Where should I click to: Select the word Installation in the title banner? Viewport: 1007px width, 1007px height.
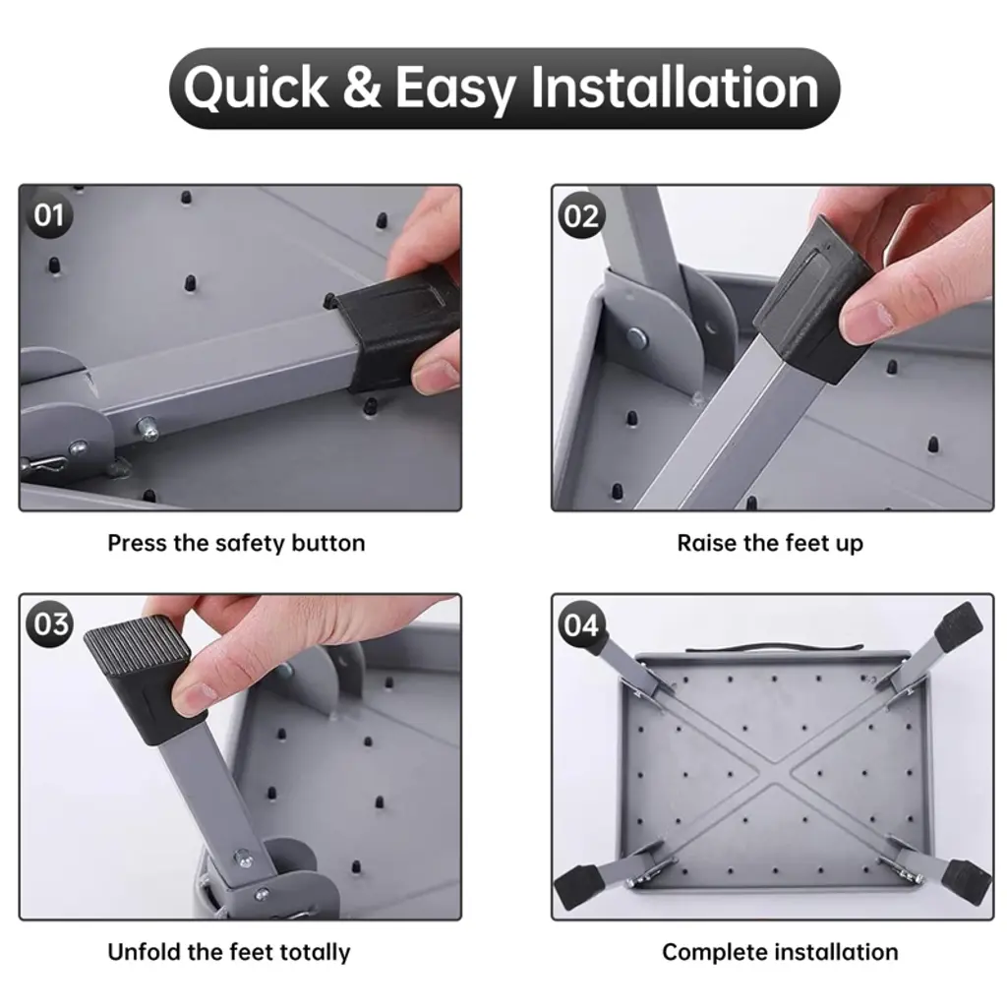(675, 87)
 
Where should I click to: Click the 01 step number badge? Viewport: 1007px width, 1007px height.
(49, 215)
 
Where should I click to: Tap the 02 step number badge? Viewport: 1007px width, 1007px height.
(581, 215)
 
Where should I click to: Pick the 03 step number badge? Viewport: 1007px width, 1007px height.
(49, 624)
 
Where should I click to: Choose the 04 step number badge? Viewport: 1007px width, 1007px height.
(581, 624)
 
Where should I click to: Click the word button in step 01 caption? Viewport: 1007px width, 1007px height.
(328, 543)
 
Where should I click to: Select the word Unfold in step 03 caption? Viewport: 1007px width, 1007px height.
(144, 952)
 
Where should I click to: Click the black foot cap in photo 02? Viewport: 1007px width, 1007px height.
(812, 299)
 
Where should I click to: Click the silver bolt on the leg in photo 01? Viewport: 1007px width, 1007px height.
(148, 428)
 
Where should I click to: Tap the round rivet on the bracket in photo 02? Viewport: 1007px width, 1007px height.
(636, 336)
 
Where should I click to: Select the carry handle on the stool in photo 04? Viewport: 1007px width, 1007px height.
(774, 646)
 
